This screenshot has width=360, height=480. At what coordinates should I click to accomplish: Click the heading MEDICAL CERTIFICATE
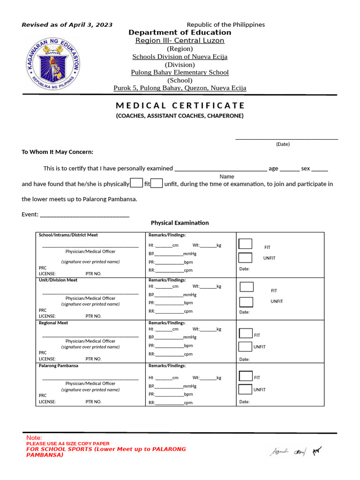[x=180, y=105]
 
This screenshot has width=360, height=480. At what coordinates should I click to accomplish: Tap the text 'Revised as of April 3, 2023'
[x=67, y=25]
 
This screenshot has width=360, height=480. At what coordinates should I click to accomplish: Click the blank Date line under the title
[x=286, y=137]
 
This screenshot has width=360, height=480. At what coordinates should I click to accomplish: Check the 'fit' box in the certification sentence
[x=136, y=183]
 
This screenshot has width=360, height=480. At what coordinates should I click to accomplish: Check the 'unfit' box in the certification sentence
[x=157, y=183]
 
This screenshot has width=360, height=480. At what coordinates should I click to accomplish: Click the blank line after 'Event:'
[x=85, y=215]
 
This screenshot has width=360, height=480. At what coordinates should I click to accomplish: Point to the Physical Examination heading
[x=180, y=223]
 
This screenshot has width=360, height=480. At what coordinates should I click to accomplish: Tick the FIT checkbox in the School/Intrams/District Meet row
[x=246, y=244]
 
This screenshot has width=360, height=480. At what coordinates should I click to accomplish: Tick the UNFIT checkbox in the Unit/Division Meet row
[x=246, y=302]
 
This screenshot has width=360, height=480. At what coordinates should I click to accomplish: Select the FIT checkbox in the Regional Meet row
[x=246, y=334]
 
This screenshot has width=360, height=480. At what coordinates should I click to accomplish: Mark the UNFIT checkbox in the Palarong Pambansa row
[x=245, y=389]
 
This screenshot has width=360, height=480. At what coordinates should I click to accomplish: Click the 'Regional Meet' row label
[x=53, y=323]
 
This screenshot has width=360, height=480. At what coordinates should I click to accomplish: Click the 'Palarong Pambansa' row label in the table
[x=59, y=366]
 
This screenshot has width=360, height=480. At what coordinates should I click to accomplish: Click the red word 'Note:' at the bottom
[x=34, y=437]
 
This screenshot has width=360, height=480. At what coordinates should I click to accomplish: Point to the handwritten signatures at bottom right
[x=295, y=451]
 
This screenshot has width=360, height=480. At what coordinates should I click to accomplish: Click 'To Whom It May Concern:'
[x=58, y=152]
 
